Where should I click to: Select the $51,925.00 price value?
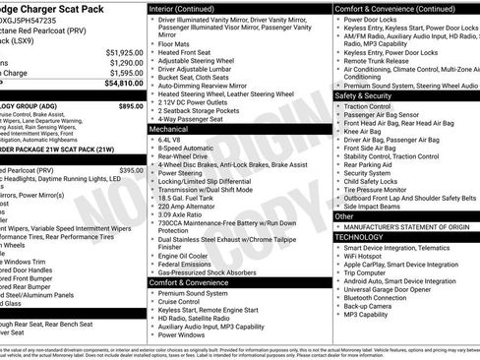coord(123,51)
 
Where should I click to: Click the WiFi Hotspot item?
coord(368,259)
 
